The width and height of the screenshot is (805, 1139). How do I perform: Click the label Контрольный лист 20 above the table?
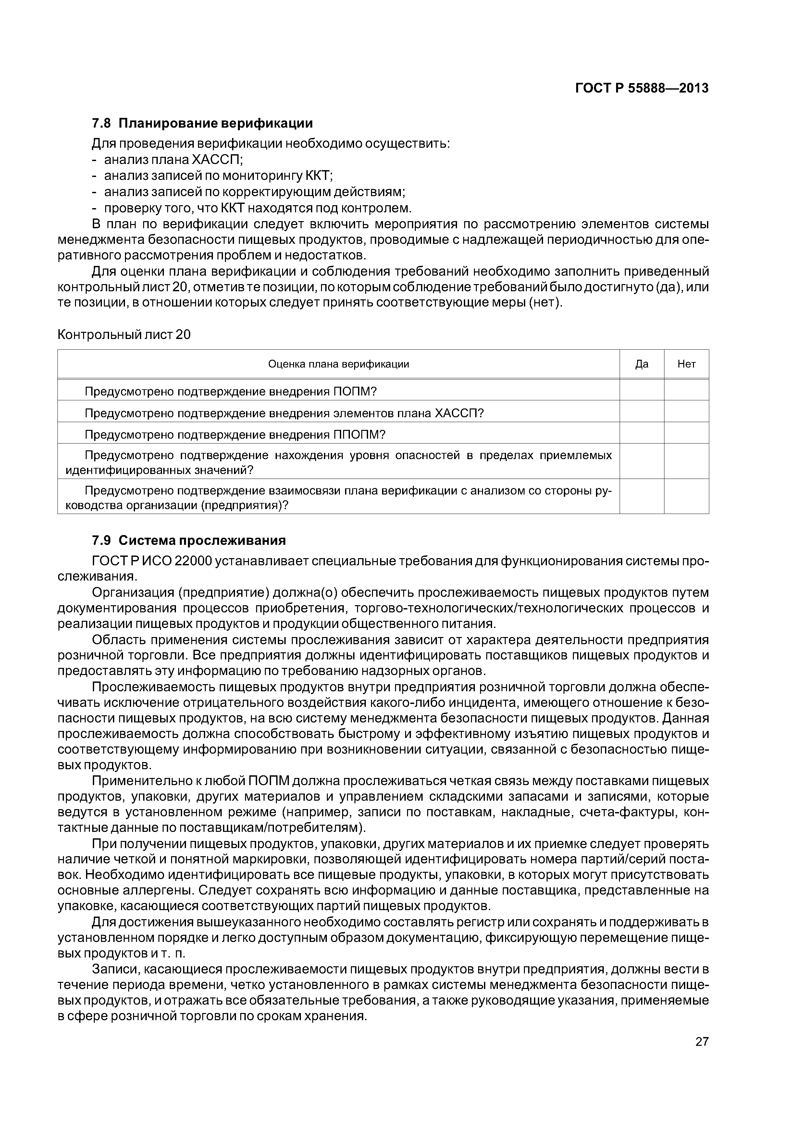(124, 335)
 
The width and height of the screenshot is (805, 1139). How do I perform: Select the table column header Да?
(641, 364)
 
